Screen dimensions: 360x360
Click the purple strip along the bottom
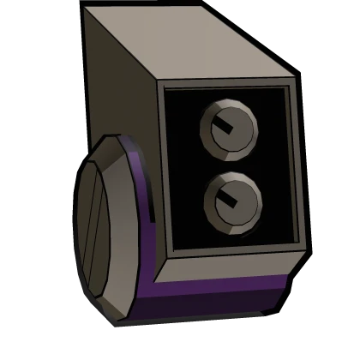click(x=214, y=300)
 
